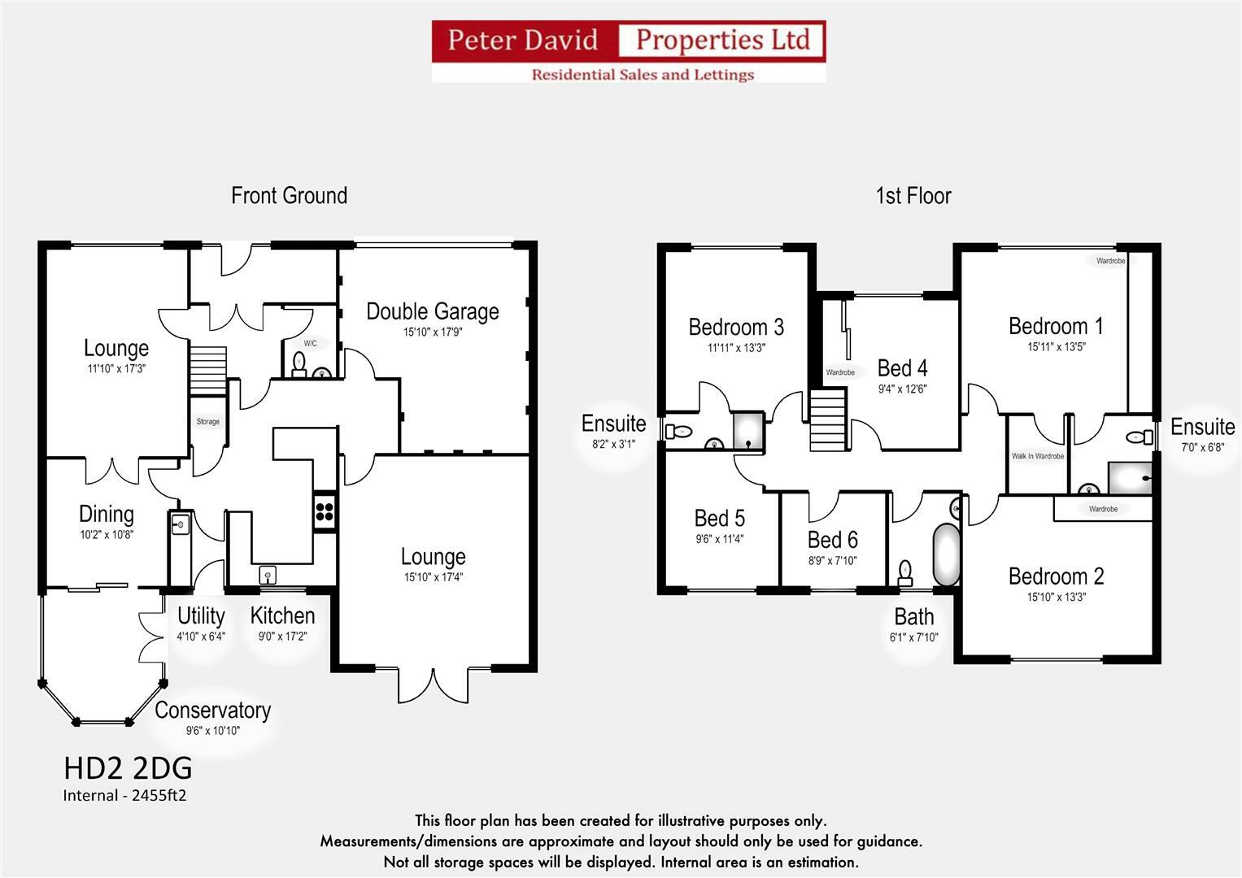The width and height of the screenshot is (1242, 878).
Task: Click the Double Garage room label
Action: click(432, 311)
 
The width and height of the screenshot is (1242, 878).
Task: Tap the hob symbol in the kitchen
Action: click(325, 511)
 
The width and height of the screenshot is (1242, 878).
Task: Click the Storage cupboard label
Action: click(207, 421)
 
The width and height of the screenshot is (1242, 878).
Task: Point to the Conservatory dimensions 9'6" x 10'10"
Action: click(212, 731)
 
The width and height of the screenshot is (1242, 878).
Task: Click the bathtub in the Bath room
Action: click(946, 554)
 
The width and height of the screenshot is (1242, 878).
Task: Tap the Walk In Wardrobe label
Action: click(1037, 456)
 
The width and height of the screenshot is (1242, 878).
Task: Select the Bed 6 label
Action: click(832, 540)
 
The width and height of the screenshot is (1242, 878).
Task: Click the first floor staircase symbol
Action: click(828, 420)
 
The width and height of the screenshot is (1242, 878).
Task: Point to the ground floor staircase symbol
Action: click(207, 371)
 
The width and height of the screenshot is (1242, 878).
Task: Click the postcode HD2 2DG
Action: click(128, 768)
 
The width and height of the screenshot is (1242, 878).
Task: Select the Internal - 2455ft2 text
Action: click(124, 796)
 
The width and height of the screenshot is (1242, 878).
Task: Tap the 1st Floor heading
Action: click(913, 196)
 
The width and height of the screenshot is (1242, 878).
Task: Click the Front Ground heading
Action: click(289, 196)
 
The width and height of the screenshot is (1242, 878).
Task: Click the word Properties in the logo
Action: click(722, 40)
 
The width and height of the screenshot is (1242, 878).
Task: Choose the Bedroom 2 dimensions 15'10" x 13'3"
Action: click(1056, 597)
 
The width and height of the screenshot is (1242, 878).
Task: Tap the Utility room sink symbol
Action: click(180, 525)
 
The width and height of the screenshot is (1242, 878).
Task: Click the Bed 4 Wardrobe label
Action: click(840, 372)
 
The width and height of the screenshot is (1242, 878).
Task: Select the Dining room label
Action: click(106, 514)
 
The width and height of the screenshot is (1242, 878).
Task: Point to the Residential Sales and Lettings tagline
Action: click(643, 75)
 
